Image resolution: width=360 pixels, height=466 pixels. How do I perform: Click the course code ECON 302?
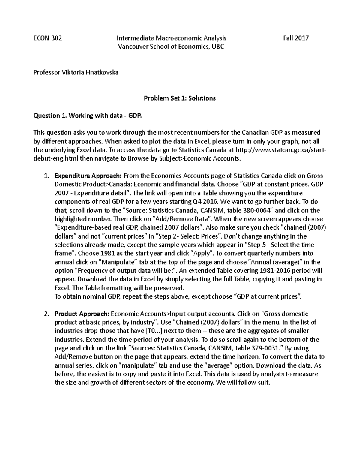47,38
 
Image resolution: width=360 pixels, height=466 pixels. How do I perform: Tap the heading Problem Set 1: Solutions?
180,98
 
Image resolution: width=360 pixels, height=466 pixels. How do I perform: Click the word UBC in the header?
218,47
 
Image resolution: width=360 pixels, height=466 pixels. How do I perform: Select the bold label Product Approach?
82,314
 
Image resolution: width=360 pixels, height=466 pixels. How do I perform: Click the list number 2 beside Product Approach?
46,314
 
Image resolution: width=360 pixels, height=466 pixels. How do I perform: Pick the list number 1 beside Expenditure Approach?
46,176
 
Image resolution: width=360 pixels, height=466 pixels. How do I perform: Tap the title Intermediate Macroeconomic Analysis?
171,38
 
